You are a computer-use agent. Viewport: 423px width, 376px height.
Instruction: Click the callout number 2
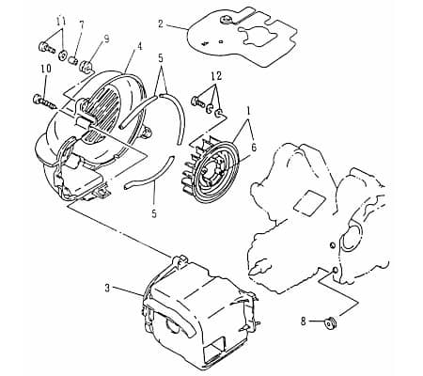point(161,23)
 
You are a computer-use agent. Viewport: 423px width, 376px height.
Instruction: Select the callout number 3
point(107,289)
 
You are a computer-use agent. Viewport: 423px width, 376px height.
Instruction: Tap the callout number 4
point(139,46)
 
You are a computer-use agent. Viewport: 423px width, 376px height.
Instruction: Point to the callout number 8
point(303,321)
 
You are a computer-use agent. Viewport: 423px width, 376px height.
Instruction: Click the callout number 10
point(46,69)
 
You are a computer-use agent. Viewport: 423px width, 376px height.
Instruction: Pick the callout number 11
point(61,22)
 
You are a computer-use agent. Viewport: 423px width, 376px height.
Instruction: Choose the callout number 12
point(216,76)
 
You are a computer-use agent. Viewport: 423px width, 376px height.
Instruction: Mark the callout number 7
point(82,25)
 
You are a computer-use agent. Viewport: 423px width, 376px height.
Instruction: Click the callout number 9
point(106,39)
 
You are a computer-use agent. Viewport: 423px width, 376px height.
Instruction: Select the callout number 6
point(254,147)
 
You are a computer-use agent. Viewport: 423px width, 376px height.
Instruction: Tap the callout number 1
point(249,111)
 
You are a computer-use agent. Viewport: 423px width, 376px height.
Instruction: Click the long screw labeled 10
point(45,102)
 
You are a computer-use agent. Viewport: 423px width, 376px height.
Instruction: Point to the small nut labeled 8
point(330,322)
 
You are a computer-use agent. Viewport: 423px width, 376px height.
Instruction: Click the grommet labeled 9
point(86,67)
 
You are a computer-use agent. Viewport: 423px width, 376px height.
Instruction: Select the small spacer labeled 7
point(73,59)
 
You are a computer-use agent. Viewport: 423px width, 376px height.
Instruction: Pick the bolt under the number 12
point(197,102)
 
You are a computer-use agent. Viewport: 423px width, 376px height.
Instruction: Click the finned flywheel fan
point(211,169)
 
